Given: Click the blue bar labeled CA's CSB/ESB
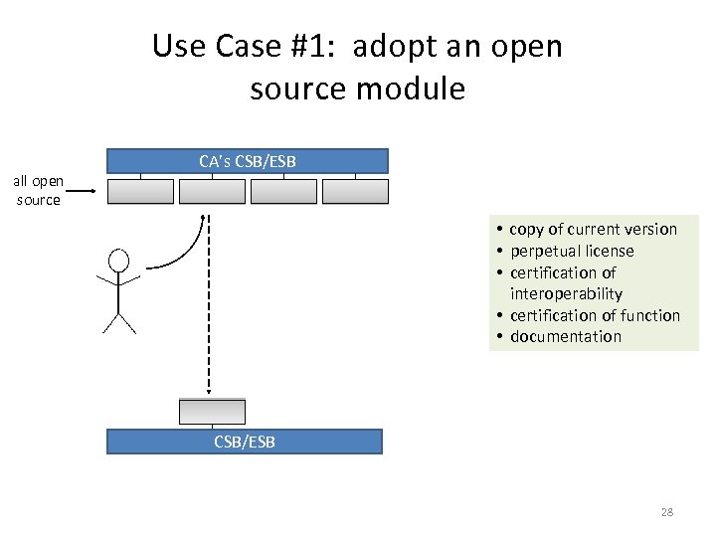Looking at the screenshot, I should (248, 161).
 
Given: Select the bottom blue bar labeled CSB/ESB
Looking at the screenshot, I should (245, 442).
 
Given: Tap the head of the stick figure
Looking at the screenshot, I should (118, 262).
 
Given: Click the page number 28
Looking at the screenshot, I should (666, 512).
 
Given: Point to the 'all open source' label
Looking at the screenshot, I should (38, 190).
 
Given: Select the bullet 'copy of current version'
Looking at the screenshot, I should (593, 230).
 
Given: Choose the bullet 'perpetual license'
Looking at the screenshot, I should (571, 251).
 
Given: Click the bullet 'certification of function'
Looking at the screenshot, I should (595, 315).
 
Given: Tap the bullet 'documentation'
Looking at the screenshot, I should (565, 336).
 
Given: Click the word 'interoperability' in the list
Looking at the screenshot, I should (566, 293).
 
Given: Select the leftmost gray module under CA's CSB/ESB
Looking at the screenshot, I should (140, 191).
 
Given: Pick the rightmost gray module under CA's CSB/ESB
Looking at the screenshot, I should (355, 191).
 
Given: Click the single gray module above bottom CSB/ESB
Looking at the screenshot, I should (212, 411).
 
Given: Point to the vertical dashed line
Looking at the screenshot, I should (207, 308).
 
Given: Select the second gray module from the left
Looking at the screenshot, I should (212, 191).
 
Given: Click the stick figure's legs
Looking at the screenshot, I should (118, 321).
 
